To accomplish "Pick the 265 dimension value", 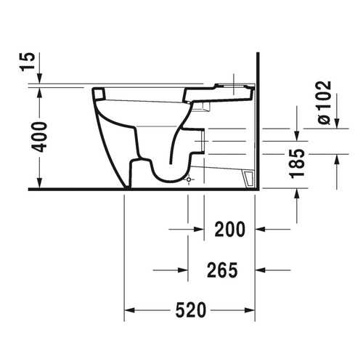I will coord(222,270).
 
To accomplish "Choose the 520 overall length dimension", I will coord(191,310).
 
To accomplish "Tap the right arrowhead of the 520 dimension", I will coord(252,310).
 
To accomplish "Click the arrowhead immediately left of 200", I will coord(198,229).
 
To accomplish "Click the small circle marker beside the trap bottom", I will coord(190,179).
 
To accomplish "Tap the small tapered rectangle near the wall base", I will coord(247,178).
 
